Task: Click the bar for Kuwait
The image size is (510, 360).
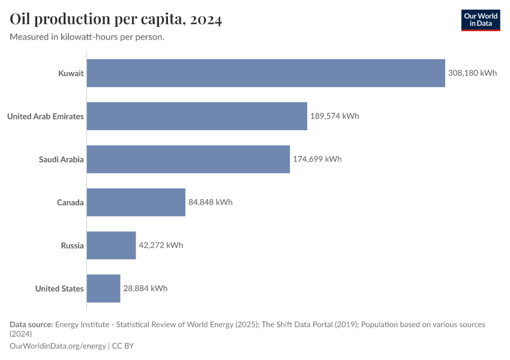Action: [266, 73]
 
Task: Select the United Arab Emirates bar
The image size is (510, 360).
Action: [197, 116]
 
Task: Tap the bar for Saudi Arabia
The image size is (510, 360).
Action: [188, 159]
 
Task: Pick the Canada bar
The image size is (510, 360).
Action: [136, 202]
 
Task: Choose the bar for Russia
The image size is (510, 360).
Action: [112, 245]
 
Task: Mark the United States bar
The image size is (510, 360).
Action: [104, 289]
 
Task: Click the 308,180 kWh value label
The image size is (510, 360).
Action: [472, 73]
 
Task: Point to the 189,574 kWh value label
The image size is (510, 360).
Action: [334, 116]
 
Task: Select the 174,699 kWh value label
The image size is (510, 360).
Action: [317, 159]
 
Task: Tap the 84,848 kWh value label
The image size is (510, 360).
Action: [210, 202]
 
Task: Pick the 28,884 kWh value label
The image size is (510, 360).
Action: [145, 289]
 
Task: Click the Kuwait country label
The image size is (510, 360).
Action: [71, 73]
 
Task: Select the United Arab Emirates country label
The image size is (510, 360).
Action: [46, 116]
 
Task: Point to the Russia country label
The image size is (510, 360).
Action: [72, 245]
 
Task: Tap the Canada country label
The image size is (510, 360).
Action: [70, 202]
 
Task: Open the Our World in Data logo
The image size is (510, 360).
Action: [480, 20]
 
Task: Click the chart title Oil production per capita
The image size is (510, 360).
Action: [116, 20]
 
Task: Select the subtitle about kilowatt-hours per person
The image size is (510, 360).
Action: [87, 37]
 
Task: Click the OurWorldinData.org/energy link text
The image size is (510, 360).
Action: [58, 346]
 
